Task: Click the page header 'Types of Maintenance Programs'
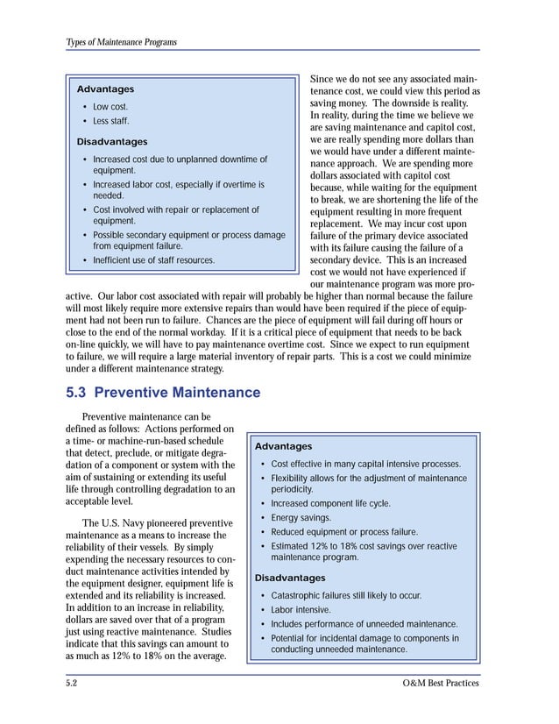point(121,42)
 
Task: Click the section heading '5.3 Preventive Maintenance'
point(163,392)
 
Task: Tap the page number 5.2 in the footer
point(73,683)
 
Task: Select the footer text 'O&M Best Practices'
point(439,683)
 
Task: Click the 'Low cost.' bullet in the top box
point(110,107)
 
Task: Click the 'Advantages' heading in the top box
point(105,89)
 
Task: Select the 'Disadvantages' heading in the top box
point(112,141)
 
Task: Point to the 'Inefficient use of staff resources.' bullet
point(153,260)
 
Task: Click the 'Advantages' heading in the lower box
point(283,446)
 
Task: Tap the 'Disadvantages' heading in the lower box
point(289,578)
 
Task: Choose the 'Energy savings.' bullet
point(301,518)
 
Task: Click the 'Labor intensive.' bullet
point(301,609)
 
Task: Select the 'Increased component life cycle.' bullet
point(330,504)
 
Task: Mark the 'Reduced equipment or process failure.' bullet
point(344,532)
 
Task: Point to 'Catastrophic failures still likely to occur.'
point(346,595)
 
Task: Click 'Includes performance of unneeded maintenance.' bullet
point(364,624)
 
